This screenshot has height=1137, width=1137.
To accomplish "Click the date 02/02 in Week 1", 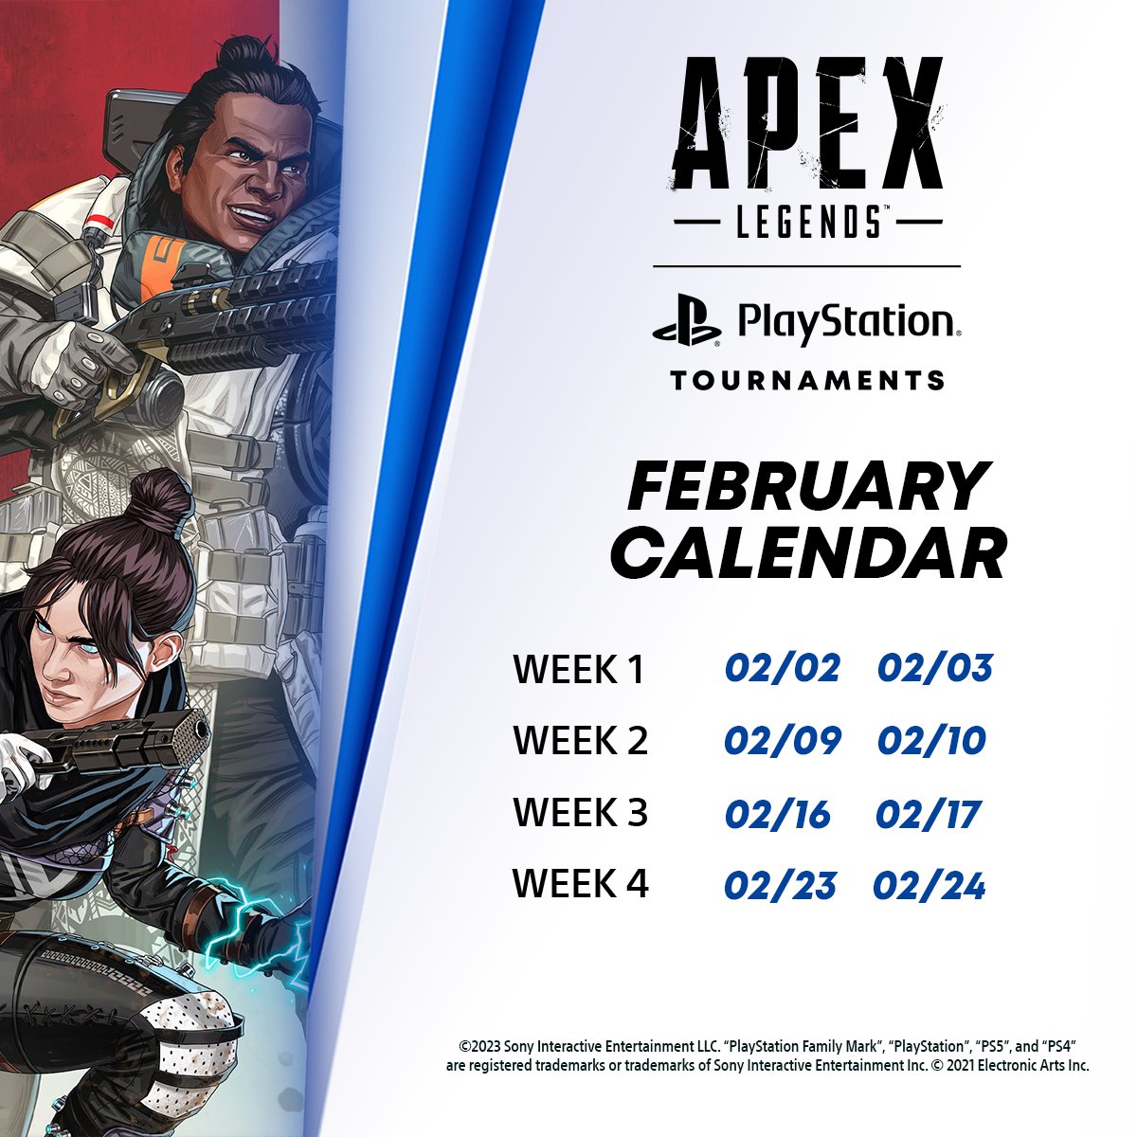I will [782, 668].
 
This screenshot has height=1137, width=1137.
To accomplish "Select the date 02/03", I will [934, 668].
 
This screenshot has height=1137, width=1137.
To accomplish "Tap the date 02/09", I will [782, 740].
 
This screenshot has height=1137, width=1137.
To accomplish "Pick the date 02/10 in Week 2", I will [931, 740].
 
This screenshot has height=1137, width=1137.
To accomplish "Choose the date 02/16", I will [777, 814].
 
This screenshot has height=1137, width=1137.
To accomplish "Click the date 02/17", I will [928, 814].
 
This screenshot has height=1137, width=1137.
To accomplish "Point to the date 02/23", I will [780, 886].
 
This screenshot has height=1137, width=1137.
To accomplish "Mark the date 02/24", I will [929, 886].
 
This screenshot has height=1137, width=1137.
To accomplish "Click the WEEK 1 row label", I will [578, 669].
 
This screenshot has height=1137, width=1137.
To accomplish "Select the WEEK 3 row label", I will [580, 813].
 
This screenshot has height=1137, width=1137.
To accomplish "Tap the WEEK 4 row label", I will [580, 884].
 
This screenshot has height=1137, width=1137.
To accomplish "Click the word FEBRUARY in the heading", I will [808, 487].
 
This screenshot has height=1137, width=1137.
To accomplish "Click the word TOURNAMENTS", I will [807, 381].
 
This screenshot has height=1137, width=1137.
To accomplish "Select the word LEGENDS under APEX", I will [807, 224].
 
